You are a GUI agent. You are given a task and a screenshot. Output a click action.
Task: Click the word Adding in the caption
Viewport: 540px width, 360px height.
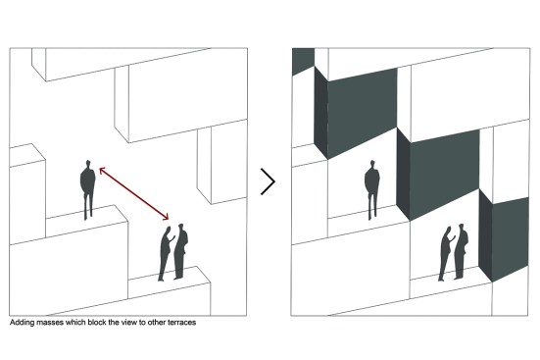22,323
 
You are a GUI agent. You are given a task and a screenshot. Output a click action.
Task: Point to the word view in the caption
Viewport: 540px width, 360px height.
130,323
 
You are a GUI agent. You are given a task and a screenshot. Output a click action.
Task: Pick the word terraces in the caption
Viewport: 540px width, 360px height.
182,323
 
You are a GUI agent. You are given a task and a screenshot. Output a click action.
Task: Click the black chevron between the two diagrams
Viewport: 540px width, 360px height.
268,181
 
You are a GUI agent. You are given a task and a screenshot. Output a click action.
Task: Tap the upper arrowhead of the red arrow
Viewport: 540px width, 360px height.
102,170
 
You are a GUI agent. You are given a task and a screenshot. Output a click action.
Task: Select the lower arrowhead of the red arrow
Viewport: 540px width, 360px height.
166,217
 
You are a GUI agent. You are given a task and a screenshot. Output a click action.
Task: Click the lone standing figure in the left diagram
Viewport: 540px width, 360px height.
88,189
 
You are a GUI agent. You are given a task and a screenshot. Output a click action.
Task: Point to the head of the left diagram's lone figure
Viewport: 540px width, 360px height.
88,164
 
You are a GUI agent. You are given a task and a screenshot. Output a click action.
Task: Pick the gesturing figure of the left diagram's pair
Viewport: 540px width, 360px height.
167,253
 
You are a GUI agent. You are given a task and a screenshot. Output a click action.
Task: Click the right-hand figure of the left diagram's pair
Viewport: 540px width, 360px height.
180,251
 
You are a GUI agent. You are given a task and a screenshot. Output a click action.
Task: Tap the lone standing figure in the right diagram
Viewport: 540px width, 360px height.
372,189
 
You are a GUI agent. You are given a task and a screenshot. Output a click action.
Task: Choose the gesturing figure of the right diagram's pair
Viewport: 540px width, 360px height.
447,253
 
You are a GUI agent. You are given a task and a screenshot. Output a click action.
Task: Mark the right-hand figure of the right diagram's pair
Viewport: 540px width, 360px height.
462,251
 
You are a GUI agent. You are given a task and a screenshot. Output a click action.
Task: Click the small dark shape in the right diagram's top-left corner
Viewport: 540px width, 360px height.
303,61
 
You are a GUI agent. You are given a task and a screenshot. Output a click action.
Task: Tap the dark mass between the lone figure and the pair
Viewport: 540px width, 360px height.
438,174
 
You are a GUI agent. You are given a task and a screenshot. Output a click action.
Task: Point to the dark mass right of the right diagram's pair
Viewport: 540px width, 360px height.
504,239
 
